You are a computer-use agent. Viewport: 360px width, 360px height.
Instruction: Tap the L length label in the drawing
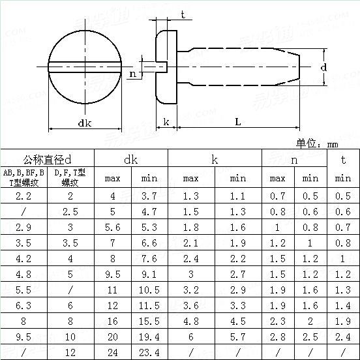(x=238, y=121)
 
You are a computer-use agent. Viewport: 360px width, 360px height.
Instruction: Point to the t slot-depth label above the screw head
(x=183, y=14)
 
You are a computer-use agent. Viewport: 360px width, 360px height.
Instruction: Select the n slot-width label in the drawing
(x=133, y=74)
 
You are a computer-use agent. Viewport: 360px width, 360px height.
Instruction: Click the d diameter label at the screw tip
(x=324, y=68)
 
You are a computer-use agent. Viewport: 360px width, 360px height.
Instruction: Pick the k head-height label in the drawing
(x=166, y=121)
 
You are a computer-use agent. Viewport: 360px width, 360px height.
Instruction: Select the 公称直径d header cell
(x=47, y=159)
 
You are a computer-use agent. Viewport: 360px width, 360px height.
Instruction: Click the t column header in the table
(x=343, y=159)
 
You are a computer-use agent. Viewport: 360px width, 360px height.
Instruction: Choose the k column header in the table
(x=215, y=159)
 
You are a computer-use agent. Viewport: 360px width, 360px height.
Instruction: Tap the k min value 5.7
(x=238, y=337)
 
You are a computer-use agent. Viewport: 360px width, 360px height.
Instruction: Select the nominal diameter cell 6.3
(x=23, y=305)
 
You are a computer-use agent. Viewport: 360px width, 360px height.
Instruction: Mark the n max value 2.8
(x=278, y=337)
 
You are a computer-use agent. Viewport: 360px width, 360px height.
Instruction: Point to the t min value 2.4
(x=343, y=337)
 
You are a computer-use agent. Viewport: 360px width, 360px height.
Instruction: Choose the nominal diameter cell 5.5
(x=23, y=290)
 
